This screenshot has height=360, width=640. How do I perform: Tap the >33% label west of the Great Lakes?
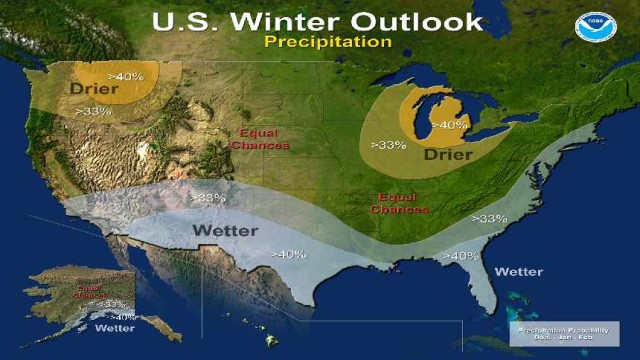[x=387, y=144]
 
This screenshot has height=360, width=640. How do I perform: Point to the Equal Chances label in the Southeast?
[x=399, y=203]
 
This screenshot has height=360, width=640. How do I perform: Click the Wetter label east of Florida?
[x=518, y=271]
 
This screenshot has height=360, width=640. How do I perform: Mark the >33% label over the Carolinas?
[x=489, y=218]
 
